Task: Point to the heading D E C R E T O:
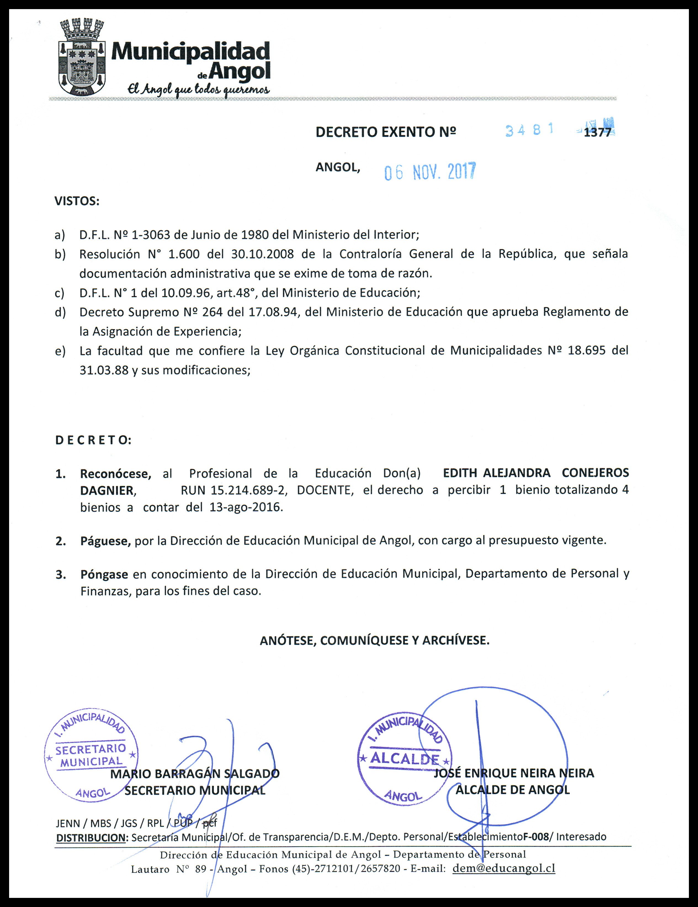click(94, 440)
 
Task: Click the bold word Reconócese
click(115, 474)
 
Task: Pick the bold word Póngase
click(104, 574)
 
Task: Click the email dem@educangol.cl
click(504, 868)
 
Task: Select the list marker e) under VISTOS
click(60, 351)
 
